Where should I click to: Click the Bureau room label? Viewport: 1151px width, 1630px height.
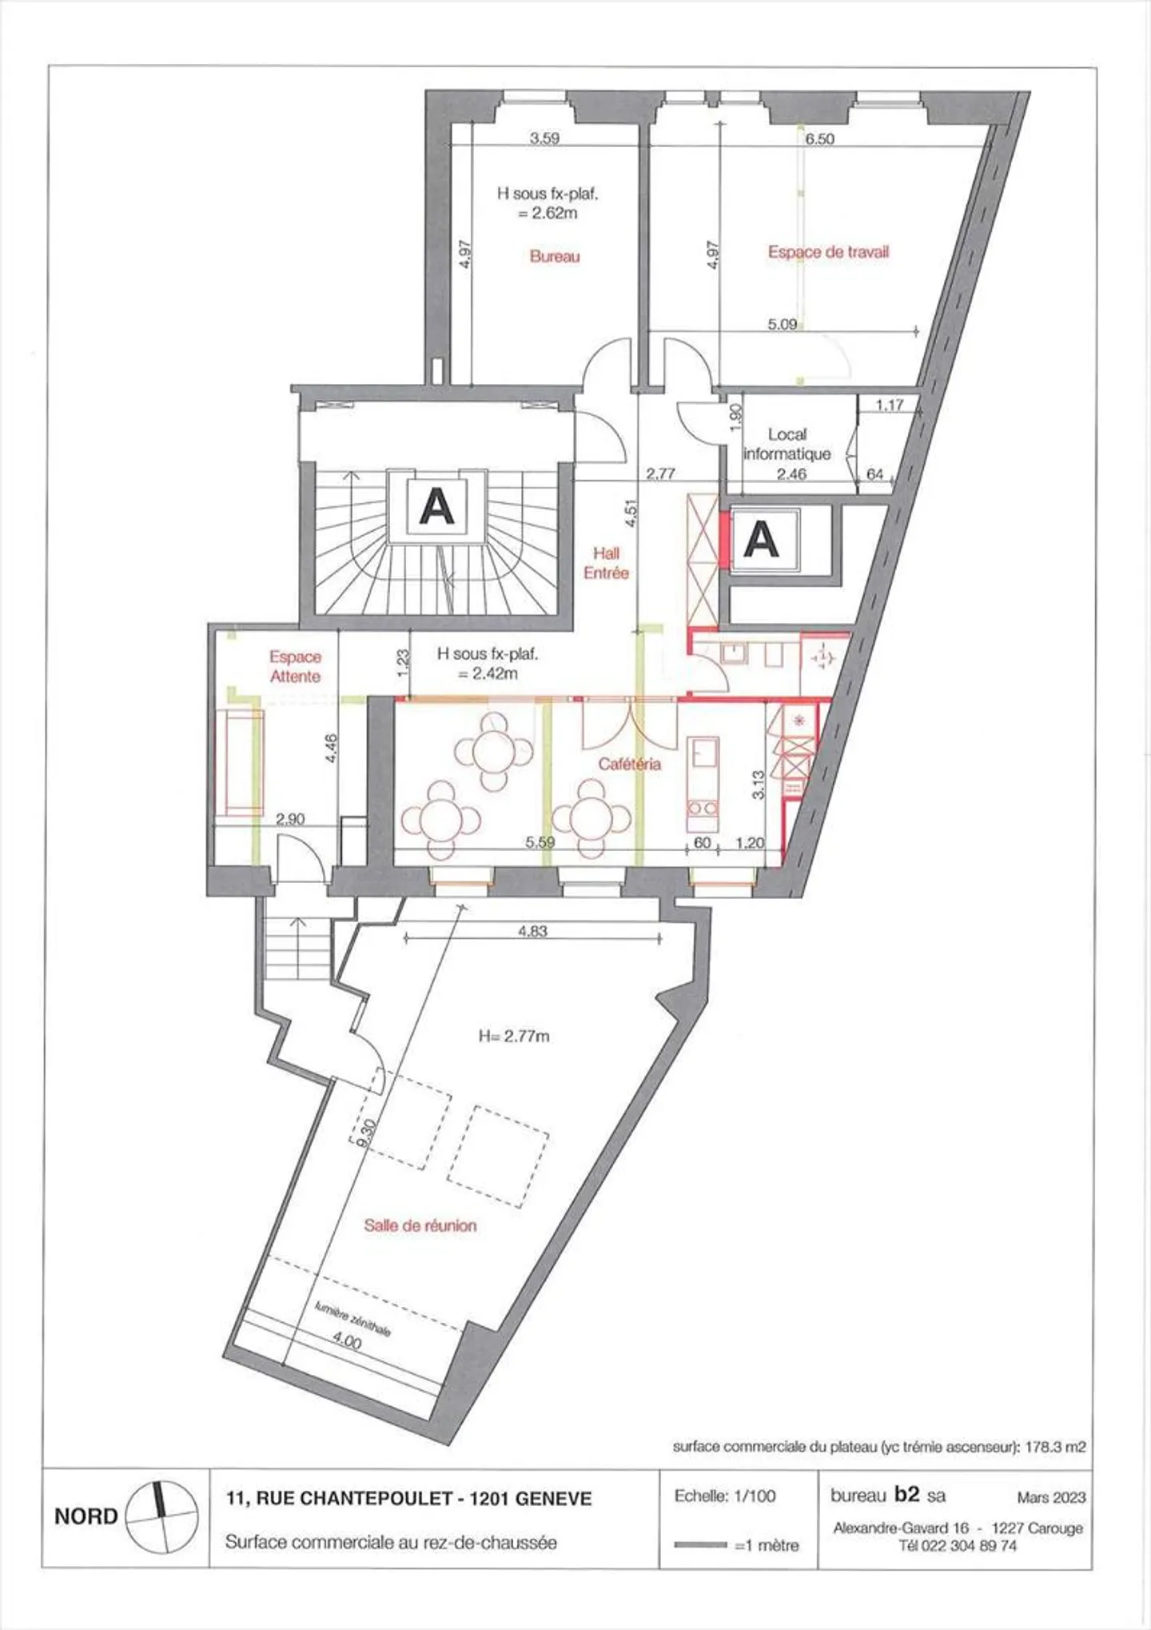555,257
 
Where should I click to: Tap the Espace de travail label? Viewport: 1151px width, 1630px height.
828,252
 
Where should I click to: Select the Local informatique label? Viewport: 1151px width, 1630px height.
787,444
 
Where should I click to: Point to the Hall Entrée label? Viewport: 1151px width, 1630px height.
606,563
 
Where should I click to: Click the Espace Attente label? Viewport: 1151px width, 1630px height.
295,666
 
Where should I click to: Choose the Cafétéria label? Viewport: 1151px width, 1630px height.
630,764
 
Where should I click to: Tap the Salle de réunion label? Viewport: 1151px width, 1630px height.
420,1224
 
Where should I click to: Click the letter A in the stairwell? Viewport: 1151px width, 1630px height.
436,506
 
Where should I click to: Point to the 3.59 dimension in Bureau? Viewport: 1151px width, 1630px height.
544,138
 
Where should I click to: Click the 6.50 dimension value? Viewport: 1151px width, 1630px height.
819,139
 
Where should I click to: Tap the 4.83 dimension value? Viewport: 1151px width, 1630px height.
533,931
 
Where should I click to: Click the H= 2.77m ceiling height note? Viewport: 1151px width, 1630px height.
514,1036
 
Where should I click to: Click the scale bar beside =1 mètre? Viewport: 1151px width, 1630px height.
700,1544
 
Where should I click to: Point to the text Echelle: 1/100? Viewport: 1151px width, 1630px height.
725,1496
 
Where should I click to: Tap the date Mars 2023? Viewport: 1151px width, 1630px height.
1051,1497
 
